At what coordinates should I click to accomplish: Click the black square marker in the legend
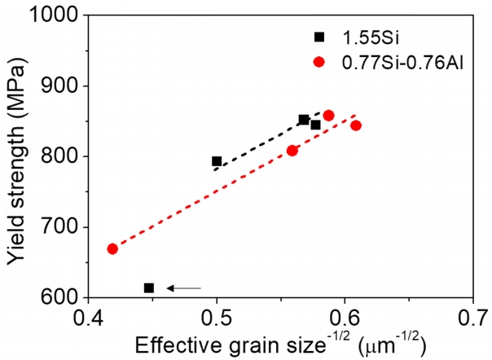coord(320,37)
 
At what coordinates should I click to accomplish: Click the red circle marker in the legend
coord(320,61)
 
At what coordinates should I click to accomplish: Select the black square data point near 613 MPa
coord(149,288)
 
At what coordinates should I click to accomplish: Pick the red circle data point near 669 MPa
coord(112,248)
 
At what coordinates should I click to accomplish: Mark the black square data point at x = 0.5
coord(217,161)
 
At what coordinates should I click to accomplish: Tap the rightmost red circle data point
coord(356,125)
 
